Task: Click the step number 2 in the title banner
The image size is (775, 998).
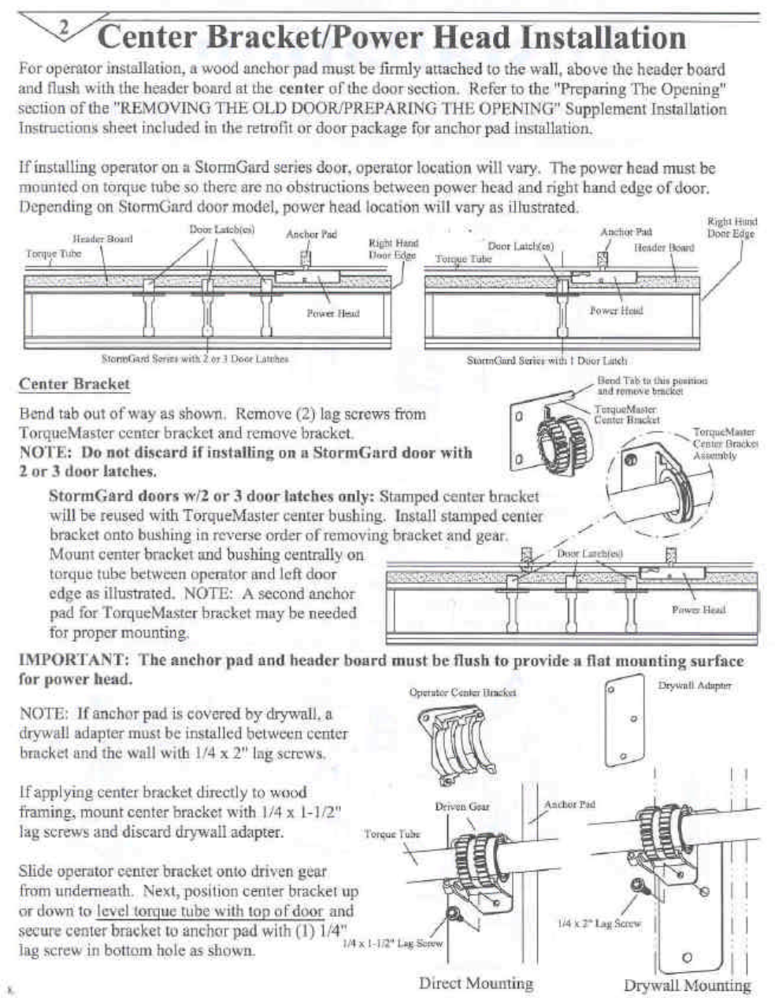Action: (65, 28)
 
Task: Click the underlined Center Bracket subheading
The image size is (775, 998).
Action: (74, 384)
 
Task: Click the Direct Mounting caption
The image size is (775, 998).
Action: (476, 982)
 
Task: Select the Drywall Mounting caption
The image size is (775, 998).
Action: (687, 985)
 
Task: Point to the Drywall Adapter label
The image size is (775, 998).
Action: (694, 686)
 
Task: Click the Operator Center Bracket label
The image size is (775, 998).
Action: (462, 693)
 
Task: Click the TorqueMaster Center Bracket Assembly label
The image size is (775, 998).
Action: (724, 443)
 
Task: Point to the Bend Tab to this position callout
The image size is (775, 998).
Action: (651, 385)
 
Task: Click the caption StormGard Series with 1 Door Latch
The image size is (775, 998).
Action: (547, 360)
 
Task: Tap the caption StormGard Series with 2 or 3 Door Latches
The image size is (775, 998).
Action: (195, 359)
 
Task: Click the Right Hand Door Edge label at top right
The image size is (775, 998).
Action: (731, 227)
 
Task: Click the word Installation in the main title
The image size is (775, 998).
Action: (603, 38)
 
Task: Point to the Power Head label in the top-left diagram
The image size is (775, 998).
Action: (332, 312)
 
